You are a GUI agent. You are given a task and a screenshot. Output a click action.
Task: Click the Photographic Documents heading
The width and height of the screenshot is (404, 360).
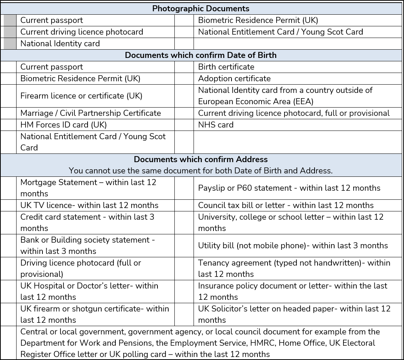click(201, 8)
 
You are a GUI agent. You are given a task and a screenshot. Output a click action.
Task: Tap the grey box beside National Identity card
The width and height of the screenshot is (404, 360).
click(10, 44)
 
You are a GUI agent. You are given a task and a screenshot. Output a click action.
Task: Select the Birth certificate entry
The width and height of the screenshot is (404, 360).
click(226, 67)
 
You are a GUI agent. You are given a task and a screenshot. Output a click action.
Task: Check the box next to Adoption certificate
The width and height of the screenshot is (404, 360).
click(184, 79)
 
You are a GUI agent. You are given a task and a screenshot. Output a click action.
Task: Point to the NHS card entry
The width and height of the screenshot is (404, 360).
click(215, 125)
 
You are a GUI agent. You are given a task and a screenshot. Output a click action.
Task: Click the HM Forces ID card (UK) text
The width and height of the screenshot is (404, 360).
click(64, 125)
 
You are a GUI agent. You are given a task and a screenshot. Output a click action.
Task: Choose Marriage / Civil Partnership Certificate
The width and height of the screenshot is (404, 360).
click(90, 113)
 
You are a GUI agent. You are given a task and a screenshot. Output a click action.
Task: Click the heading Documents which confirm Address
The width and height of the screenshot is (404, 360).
click(201, 159)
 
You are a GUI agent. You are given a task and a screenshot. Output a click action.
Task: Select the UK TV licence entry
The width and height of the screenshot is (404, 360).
click(89, 205)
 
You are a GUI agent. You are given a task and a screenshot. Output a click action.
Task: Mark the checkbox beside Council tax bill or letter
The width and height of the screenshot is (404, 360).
click(184, 205)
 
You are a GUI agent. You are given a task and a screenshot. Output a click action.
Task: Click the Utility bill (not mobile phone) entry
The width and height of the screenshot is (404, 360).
click(293, 246)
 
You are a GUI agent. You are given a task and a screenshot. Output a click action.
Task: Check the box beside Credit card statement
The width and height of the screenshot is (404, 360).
click(9, 223)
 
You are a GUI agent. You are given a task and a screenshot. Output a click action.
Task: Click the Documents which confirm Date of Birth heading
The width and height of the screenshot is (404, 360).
click(201, 55)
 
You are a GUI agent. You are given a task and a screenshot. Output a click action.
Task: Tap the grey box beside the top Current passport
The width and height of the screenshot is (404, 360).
click(10, 20)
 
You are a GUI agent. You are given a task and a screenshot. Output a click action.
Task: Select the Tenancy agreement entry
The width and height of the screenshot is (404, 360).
click(294, 268)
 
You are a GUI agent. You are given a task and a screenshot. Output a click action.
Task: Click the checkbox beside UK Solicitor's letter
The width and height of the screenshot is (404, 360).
click(184, 314)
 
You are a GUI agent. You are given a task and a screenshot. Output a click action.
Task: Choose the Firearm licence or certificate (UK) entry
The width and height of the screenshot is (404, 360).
click(81, 96)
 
